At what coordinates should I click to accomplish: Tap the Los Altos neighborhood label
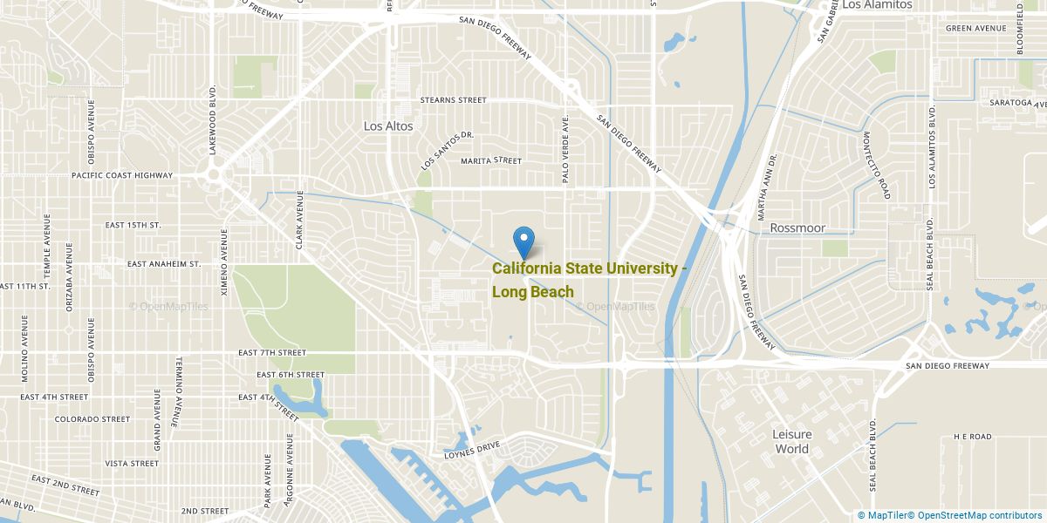[388, 126]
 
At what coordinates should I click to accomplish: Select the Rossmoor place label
[797, 228]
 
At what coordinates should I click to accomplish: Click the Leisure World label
[791, 442]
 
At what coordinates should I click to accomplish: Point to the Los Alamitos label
[877, 5]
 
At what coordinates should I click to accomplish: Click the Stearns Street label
[453, 100]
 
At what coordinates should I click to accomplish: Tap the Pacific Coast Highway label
[122, 175]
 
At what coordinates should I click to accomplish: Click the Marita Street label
[491, 160]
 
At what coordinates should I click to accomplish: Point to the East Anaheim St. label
[164, 263]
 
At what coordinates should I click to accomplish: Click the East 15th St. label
[133, 225]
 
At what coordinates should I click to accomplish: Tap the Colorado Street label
[92, 419]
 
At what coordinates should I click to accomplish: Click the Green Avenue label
[976, 28]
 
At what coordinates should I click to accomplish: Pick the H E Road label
[973, 436]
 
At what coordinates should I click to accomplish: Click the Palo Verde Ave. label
[566, 148]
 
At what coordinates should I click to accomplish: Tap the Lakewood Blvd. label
[212, 120]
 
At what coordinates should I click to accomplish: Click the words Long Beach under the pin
[532, 292]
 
